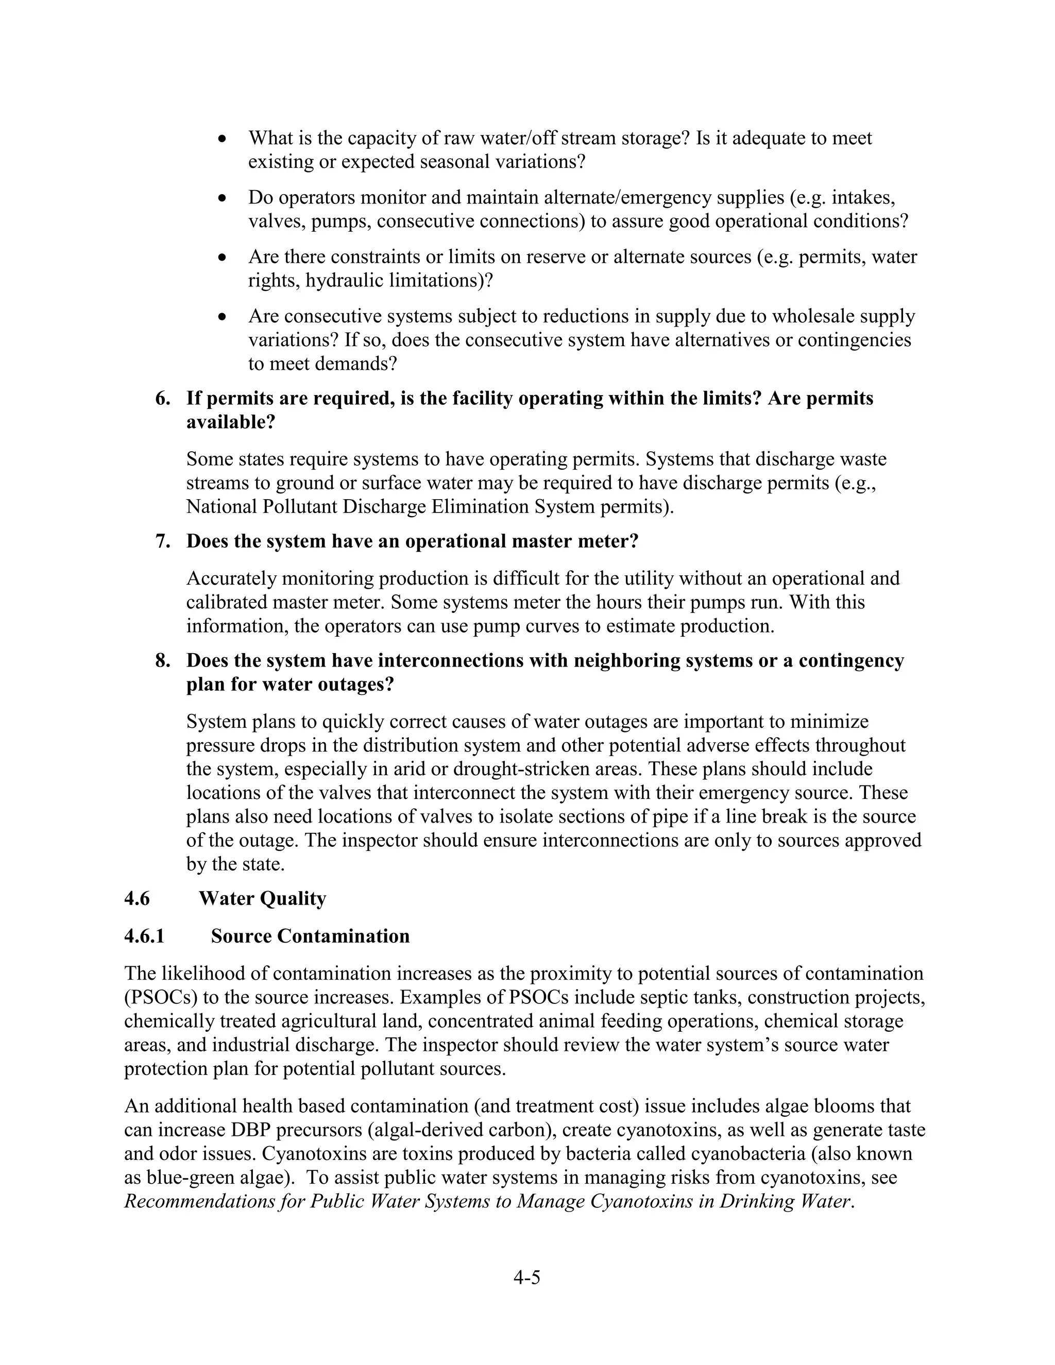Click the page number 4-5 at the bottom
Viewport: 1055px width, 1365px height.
click(526, 1277)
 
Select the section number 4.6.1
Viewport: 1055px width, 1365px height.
click(144, 935)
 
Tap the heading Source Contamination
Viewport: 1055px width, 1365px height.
click(310, 935)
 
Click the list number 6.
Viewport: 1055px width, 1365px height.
click(162, 398)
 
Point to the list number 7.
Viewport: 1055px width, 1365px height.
click(162, 541)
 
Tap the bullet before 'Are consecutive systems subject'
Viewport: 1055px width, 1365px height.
click(222, 317)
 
